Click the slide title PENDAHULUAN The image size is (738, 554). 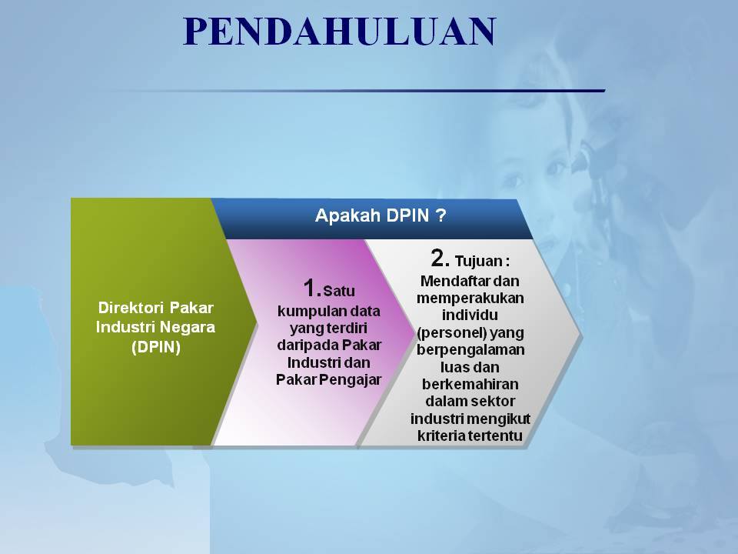339,32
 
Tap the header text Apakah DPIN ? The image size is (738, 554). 381,215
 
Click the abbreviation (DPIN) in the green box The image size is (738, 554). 156,347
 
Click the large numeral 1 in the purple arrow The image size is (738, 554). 311,288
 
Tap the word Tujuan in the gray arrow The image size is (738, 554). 479,262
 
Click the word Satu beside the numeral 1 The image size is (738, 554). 339,291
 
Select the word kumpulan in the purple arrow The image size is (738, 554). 304,312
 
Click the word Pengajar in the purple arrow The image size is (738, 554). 354,379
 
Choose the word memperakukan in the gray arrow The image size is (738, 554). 470,299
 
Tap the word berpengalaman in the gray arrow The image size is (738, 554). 470,350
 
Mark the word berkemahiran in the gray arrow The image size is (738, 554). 470,384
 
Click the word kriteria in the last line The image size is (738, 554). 441,436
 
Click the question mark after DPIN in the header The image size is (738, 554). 440,215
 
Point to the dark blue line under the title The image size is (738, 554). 357,91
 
